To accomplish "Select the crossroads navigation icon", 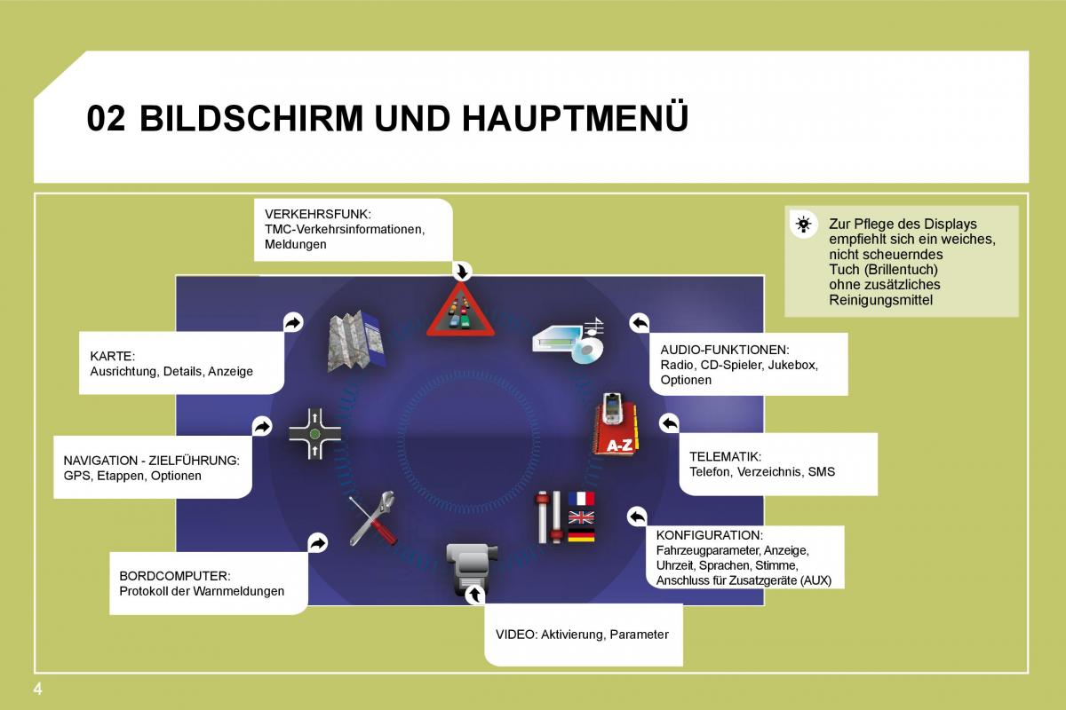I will pos(314,434).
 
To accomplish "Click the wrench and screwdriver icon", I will pos(372,519).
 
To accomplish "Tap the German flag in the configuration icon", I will pos(581,535).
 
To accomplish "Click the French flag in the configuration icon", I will pos(581,498).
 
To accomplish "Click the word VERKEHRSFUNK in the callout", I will pos(317,214).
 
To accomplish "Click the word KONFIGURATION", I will pos(709,535).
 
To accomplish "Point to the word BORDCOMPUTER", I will pos(174,575).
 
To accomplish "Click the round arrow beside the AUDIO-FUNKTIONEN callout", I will pos(639,322).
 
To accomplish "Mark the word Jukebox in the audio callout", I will pos(792,365).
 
